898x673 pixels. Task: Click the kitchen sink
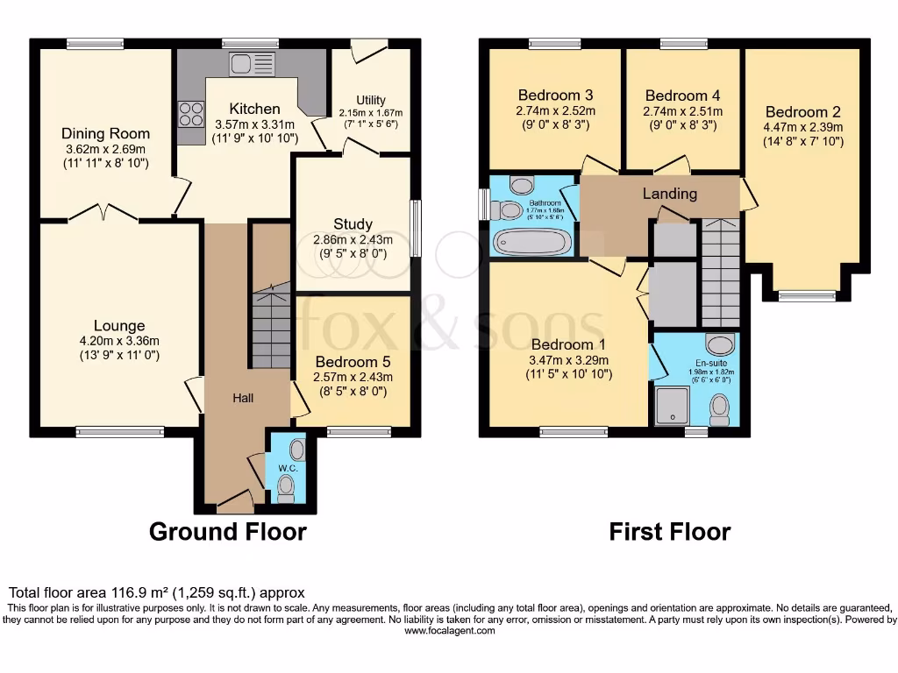tap(251, 64)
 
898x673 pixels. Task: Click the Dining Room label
tap(105, 134)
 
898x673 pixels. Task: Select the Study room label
tap(353, 224)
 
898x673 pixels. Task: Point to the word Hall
tap(243, 399)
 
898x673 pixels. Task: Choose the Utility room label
tap(371, 101)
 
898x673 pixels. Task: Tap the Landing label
tap(670, 194)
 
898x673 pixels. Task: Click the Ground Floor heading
tap(227, 531)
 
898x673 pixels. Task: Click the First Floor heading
tap(670, 531)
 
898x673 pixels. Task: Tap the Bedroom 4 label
tap(682, 96)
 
